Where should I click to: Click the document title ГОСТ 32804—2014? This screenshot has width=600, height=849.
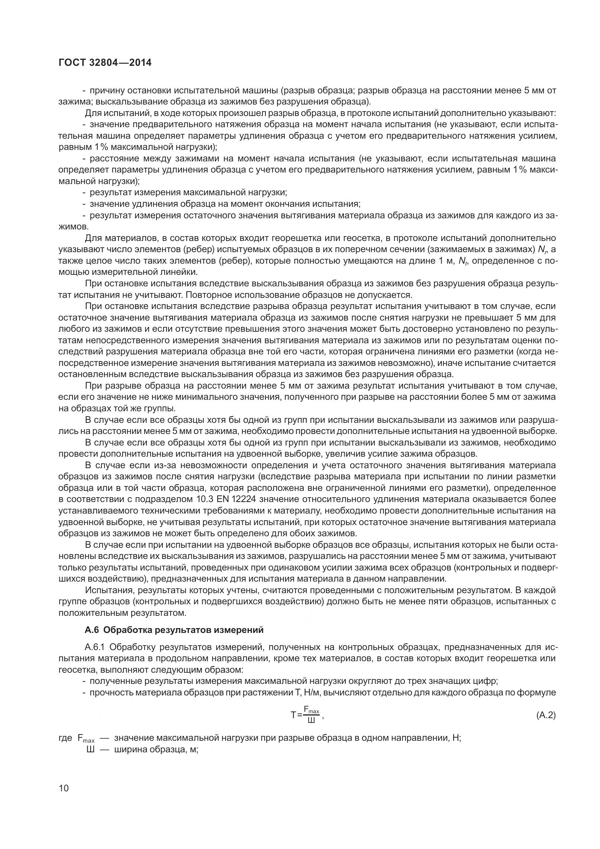(105, 62)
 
